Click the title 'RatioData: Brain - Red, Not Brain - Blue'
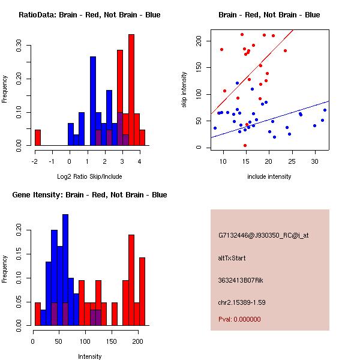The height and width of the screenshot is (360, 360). pos(89,14)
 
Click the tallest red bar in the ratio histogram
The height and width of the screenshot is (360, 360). pos(131,90)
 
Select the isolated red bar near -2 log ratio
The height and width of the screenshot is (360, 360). pos(38,137)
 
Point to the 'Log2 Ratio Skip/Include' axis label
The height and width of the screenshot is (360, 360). pos(89,176)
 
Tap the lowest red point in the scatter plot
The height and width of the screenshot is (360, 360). pos(245,145)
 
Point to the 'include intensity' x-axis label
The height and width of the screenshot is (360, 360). pos(269,176)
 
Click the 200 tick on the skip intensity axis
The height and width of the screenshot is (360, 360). pos(199,41)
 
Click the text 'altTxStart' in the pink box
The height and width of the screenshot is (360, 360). pos(232,258)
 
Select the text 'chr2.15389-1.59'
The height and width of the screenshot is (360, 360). pos(242,302)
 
